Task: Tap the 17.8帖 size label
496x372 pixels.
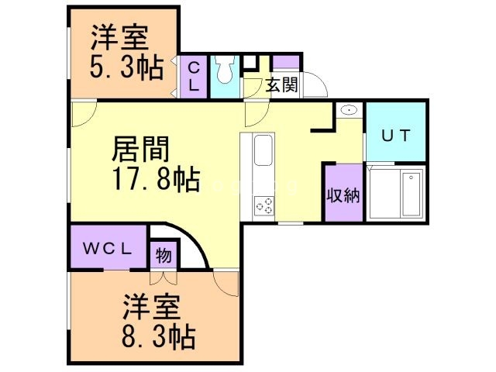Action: point(153,180)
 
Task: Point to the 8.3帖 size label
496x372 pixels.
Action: point(157,337)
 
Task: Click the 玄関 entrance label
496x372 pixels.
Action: point(281,85)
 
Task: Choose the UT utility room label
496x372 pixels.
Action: point(394,134)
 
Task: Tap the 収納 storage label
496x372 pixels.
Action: point(343,195)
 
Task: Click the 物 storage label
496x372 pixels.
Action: point(164,255)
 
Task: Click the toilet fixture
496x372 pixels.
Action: point(225,71)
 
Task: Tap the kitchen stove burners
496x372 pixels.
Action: point(263,205)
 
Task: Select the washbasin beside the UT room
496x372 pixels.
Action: point(348,111)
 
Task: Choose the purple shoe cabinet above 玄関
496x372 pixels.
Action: point(286,62)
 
